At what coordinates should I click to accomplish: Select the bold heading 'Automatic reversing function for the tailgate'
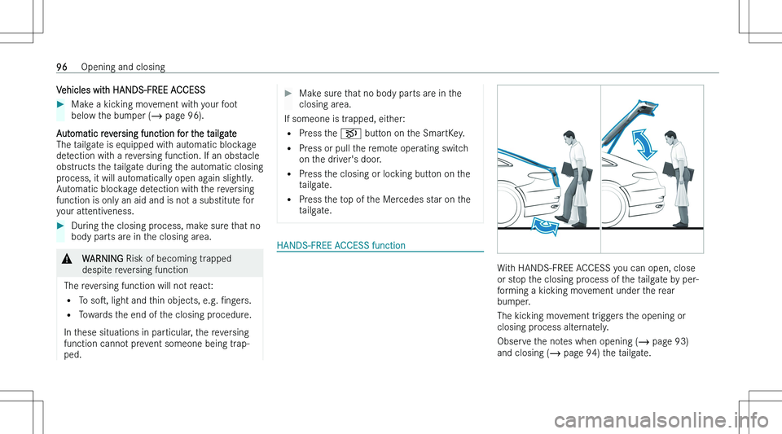(134, 132)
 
